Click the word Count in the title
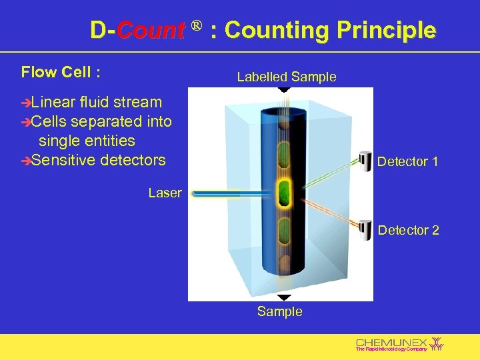click(151, 31)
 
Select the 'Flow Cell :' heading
click(61, 71)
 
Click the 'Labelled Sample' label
click(287, 77)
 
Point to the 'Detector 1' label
click(407, 161)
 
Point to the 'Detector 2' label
click(409, 230)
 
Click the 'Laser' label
click(165, 193)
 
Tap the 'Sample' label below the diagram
click(280, 311)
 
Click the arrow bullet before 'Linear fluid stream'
click(26, 103)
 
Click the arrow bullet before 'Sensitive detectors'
click(26, 161)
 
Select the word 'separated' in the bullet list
click(104, 121)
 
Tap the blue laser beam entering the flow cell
click(227, 193)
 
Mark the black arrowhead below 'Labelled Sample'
click(284, 89)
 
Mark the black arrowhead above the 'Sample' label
click(284, 298)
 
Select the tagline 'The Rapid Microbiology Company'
click(391, 349)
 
